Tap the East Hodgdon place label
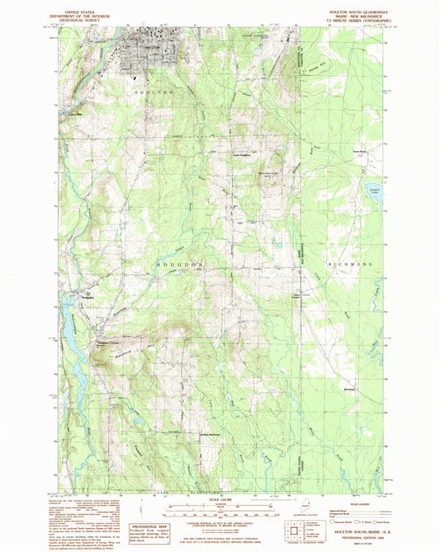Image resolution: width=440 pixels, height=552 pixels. [240, 154]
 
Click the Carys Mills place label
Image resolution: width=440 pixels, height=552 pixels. [75, 114]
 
